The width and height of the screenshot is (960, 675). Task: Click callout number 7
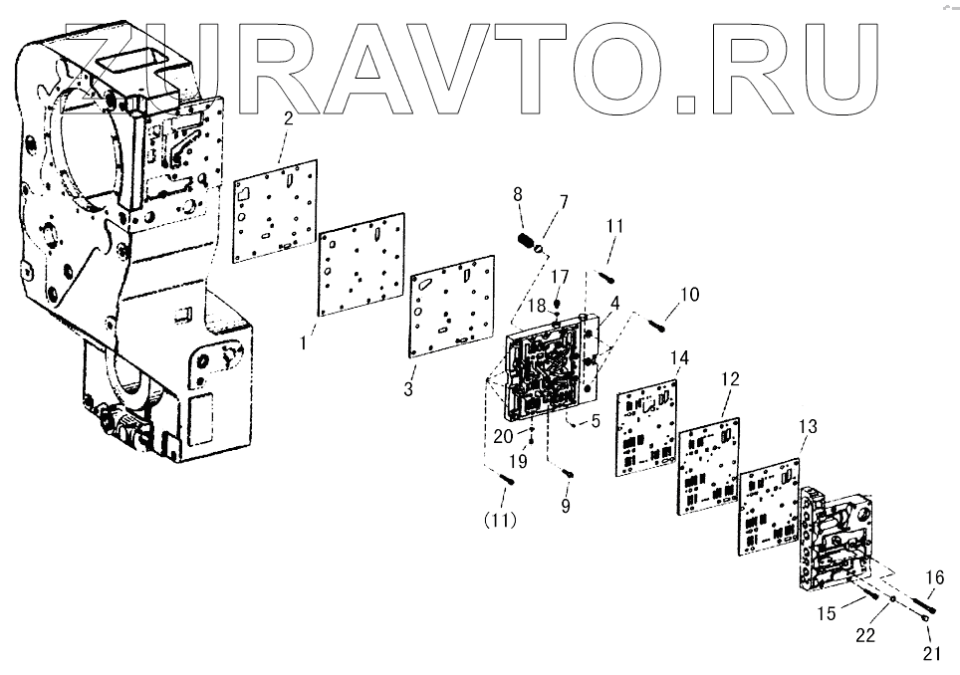click(564, 202)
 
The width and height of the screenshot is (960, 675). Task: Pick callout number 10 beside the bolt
click(690, 295)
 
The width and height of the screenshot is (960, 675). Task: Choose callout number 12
click(730, 379)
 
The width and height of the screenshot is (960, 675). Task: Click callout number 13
click(808, 426)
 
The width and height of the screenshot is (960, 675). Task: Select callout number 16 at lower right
click(934, 576)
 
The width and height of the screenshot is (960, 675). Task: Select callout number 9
click(567, 506)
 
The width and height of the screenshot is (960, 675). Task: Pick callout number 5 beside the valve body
click(596, 421)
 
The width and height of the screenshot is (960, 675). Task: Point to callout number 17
click(561, 277)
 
